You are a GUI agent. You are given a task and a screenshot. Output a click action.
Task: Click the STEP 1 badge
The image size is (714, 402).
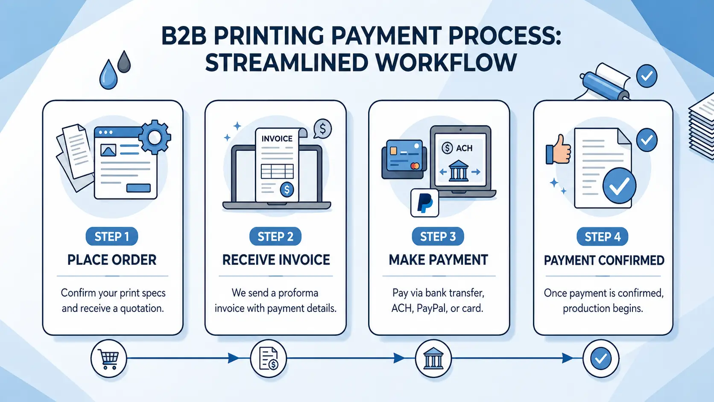tap(111, 236)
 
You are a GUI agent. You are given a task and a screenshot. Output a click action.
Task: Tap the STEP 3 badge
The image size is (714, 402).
tap(438, 236)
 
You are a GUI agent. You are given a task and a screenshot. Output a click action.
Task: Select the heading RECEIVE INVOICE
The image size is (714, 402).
tap(276, 260)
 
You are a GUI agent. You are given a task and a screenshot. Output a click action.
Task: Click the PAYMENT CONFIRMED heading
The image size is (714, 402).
tap(604, 260)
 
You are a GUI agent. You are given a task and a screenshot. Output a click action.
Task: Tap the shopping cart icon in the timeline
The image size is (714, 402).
tap(108, 358)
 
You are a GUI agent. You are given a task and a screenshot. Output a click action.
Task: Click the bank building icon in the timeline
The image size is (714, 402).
tap(433, 358)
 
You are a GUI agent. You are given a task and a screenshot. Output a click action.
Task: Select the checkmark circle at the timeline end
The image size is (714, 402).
tap(600, 358)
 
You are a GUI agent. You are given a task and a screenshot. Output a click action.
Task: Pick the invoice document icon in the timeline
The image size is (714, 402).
tap(269, 358)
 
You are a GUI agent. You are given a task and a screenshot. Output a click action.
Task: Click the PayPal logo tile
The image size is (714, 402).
tap(424, 203)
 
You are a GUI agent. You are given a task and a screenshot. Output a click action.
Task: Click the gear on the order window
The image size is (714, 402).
tap(155, 137)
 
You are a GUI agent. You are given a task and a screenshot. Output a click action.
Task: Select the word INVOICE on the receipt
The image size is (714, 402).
tap(277, 139)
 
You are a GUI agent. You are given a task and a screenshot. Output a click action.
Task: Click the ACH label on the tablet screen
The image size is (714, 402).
tap(464, 148)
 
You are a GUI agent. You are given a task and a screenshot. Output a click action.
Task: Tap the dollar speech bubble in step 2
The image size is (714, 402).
tap(322, 128)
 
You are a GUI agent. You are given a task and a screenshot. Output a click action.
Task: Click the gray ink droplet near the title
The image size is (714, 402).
tap(124, 62)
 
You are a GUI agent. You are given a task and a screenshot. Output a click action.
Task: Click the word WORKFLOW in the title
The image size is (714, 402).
tap(446, 63)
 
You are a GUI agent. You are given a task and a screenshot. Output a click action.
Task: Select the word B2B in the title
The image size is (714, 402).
tap(184, 36)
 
